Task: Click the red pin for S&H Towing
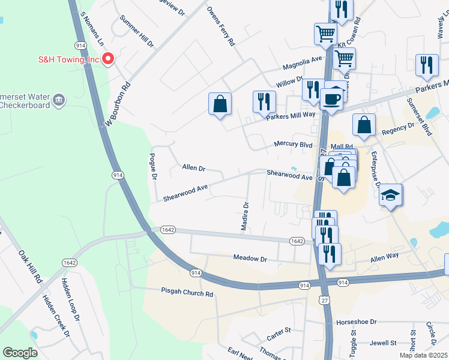click(x=108, y=58)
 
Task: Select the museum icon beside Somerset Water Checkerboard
click(x=58, y=99)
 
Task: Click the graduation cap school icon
click(x=391, y=195)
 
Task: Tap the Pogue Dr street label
click(x=153, y=167)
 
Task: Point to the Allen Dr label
click(x=194, y=169)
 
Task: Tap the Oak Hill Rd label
click(x=30, y=267)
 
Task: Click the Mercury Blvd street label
click(x=293, y=144)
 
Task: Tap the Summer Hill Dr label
click(x=136, y=32)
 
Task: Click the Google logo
click(x=20, y=353)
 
